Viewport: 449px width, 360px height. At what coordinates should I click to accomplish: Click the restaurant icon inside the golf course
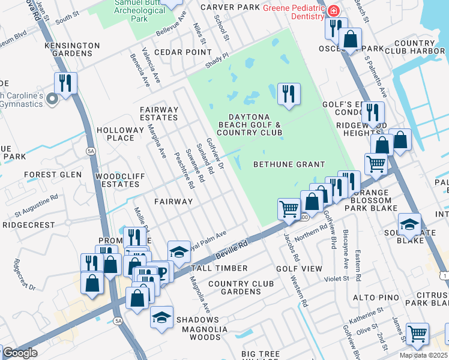pyautogui.click(x=289, y=94)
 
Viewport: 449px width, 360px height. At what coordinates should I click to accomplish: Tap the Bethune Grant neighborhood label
pyautogui.click(x=289, y=164)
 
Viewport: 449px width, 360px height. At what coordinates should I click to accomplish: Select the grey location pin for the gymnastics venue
pyautogui.click(x=52, y=99)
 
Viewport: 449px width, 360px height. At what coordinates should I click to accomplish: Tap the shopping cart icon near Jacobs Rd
pyautogui.click(x=289, y=209)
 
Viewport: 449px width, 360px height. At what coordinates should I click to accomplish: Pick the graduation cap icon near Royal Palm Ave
pyautogui.click(x=178, y=251)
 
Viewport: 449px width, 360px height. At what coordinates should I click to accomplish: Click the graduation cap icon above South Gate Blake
pyautogui.click(x=409, y=224)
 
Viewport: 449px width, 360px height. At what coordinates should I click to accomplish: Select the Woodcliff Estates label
pyautogui.click(x=117, y=180)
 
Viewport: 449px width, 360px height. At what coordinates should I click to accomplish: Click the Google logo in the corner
pyautogui.click(x=20, y=353)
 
